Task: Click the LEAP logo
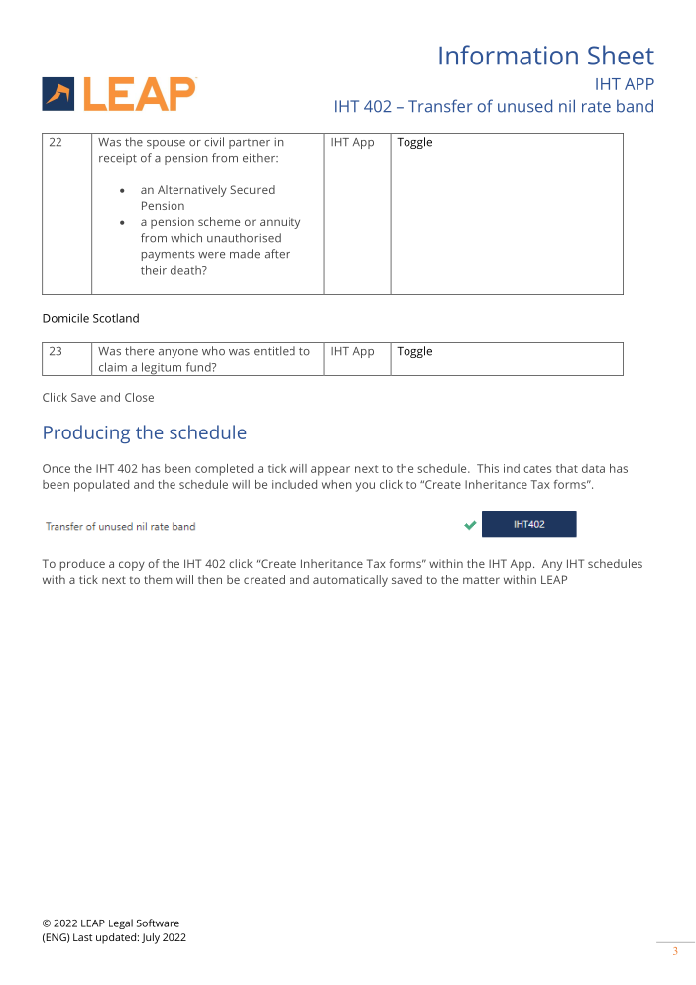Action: point(119,93)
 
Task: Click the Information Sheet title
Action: point(545,56)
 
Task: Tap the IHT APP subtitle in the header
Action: point(624,83)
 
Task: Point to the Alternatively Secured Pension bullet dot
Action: point(121,190)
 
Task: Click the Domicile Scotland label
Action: point(90,319)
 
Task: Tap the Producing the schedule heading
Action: point(144,432)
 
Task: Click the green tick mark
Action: point(470,525)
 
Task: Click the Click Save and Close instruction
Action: point(98,398)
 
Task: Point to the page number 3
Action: point(675,952)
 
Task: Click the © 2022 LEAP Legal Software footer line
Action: point(110,923)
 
